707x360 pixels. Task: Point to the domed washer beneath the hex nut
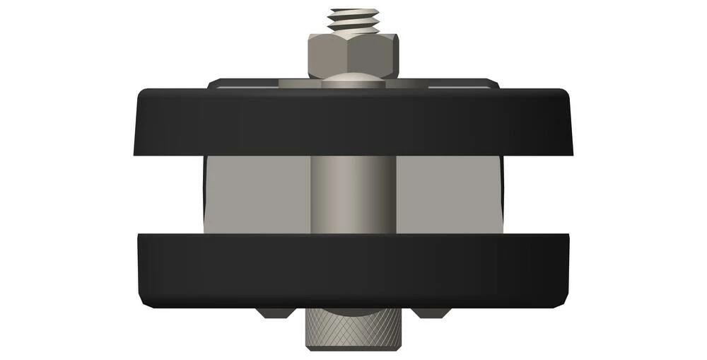[353, 81]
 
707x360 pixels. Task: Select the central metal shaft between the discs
[353, 194]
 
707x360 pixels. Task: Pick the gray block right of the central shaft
[449, 194]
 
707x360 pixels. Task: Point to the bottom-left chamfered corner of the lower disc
[145, 301]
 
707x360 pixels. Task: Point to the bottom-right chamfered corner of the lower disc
[561, 301]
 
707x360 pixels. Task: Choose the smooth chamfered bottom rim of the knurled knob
[353, 347]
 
